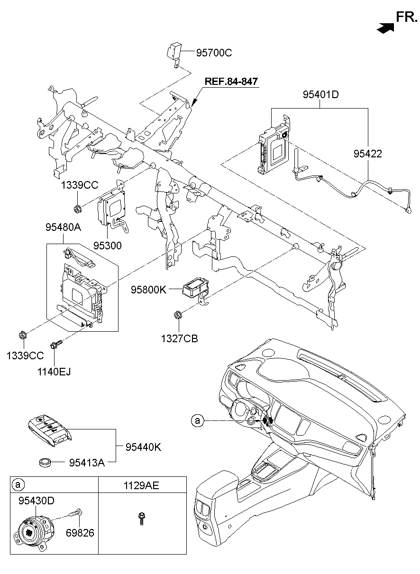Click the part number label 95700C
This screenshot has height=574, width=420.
coord(214,53)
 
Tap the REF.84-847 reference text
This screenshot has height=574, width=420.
coord(231,82)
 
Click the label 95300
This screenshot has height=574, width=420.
coord(108,246)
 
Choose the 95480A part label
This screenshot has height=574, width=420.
coord(63,228)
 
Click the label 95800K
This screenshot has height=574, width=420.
coord(149,289)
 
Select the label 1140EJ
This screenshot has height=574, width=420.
coord(55,371)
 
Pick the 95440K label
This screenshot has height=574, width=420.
coord(144,446)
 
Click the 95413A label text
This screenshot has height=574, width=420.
coord(88,462)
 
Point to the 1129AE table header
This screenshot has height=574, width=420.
coord(142,486)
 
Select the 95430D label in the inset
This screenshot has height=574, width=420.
coord(37,501)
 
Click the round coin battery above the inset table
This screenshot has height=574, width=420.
coord(46,462)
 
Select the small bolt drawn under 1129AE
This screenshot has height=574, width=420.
coord(141,518)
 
